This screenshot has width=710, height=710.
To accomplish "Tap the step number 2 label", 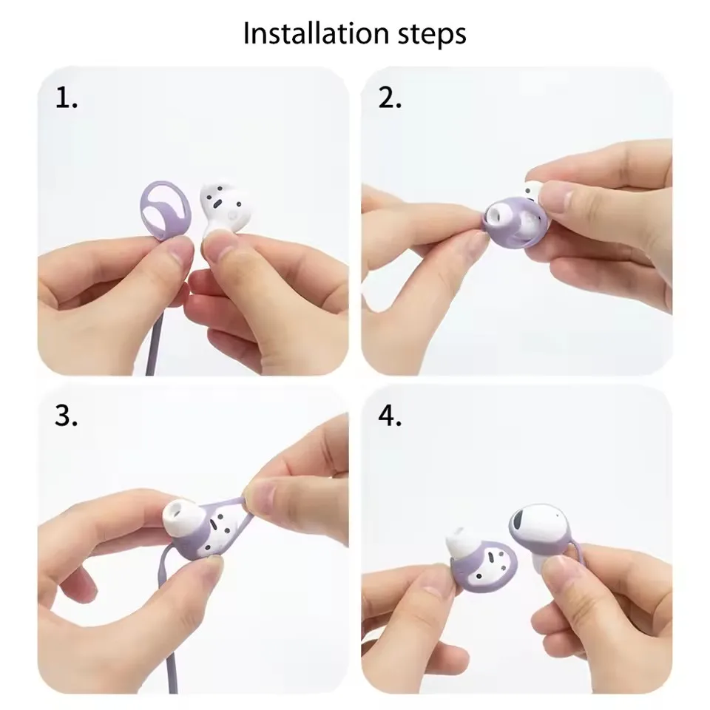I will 390,99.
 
